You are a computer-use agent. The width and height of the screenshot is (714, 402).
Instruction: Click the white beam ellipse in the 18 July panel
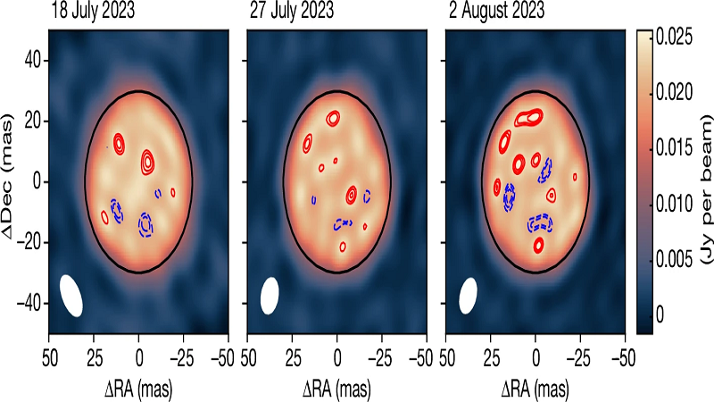click(x=71, y=295)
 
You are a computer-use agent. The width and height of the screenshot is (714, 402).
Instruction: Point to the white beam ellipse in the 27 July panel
click(x=269, y=295)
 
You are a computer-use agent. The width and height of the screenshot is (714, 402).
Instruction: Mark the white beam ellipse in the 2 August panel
click(x=467, y=296)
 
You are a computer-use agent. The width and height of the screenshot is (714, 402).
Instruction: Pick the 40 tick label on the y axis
click(x=35, y=60)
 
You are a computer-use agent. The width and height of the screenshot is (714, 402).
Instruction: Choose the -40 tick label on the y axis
click(x=31, y=303)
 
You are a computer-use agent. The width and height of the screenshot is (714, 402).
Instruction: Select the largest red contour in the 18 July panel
click(x=147, y=162)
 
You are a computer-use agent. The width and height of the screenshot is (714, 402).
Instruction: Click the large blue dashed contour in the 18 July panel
click(x=145, y=224)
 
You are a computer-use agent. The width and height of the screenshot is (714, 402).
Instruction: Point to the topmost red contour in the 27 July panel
click(x=333, y=117)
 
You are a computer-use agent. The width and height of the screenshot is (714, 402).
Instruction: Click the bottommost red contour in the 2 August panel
click(x=538, y=244)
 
